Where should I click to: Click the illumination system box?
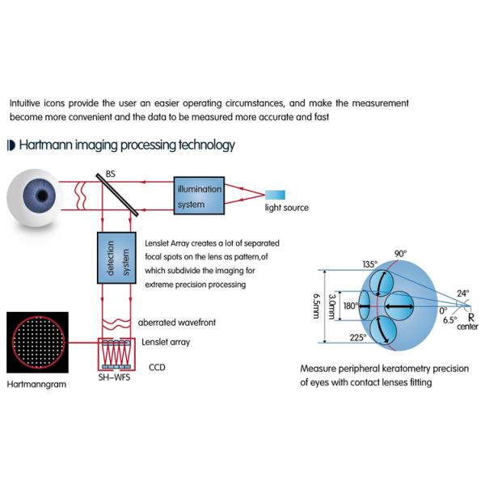198,195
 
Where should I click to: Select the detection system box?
116,257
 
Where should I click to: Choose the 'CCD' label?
155,365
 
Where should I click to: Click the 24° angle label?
462,293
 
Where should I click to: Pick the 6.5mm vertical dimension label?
314,307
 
